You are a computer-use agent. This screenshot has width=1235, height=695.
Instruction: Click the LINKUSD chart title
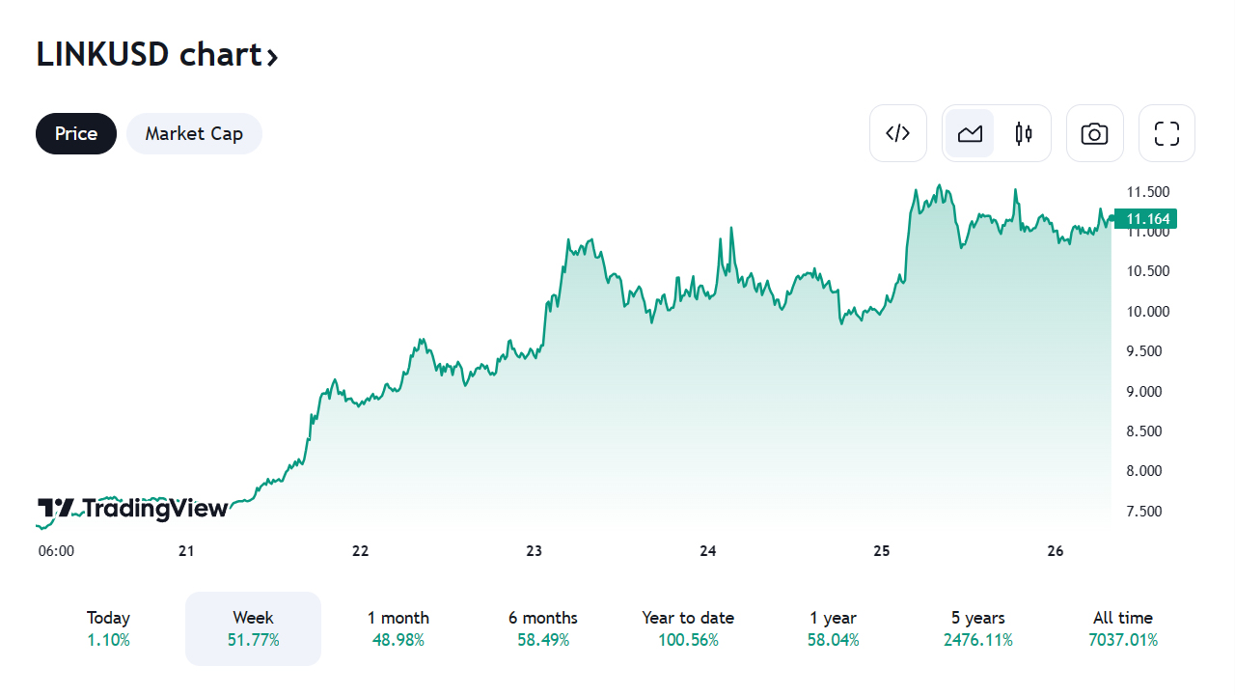[157, 55]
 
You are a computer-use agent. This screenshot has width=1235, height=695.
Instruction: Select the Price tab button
[76, 133]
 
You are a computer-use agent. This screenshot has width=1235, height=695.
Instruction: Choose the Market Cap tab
[194, 133]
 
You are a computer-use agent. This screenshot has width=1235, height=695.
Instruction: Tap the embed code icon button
[898, 133]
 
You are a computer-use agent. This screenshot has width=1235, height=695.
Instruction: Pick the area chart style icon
[970, 133]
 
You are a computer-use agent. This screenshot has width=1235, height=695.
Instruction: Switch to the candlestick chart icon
[1024, 133]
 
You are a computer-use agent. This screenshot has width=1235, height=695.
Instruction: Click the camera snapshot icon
[1094, 133]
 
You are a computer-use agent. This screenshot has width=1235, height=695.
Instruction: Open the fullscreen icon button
[1166, 133]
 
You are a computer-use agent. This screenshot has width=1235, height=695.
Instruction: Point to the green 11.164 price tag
[1147, 219]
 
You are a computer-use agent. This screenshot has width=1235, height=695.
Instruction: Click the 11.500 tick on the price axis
[1148, 191]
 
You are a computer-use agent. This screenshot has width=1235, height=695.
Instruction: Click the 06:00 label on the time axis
[56, 551]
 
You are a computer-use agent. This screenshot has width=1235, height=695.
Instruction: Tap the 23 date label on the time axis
[534, 551]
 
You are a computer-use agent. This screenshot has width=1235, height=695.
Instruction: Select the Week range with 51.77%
[253, 628]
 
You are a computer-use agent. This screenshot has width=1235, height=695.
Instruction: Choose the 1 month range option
[398, 628]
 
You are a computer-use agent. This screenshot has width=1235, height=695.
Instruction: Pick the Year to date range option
[688, 628]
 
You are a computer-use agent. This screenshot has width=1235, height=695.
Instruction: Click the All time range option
[1122, 628]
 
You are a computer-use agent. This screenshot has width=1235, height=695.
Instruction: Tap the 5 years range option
[977, 628]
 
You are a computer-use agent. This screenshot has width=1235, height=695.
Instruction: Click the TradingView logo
[133, 509]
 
